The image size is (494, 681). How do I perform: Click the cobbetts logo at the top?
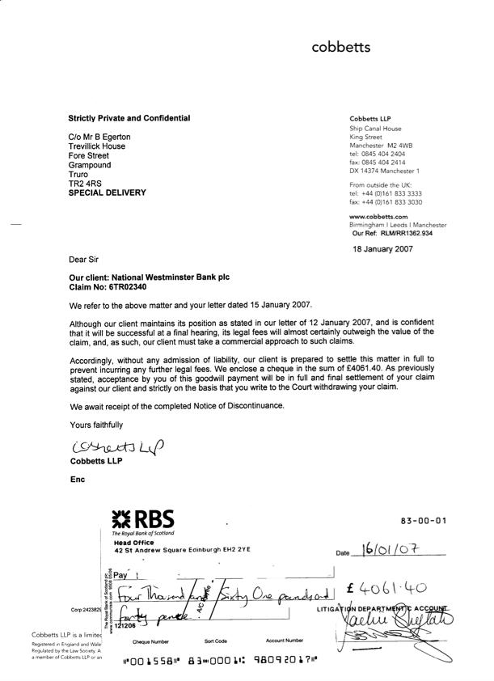click(x=340, y=48)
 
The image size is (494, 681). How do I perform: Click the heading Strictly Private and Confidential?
click(x=129, y=119)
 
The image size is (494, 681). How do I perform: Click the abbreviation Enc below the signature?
click(x=78, y=480)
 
